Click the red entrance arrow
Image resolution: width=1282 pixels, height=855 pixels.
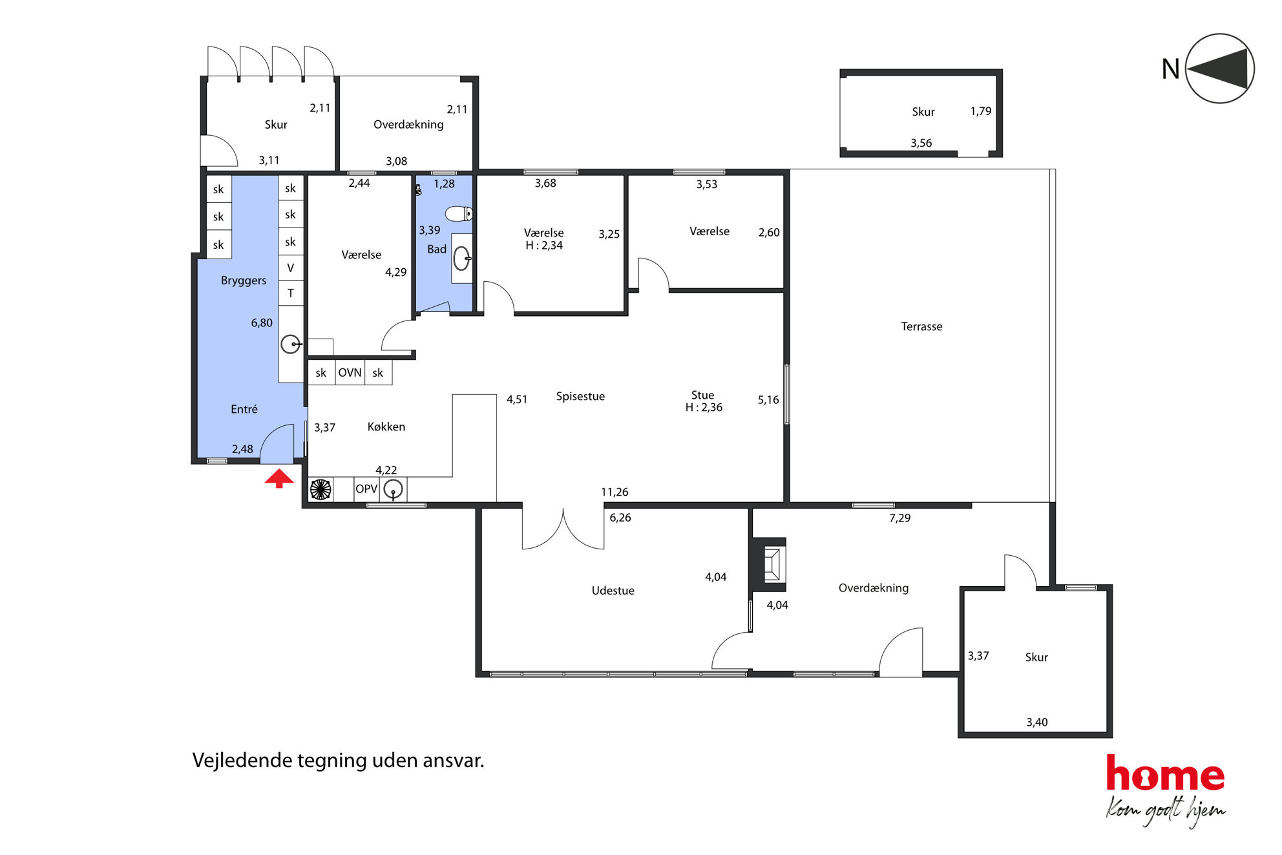point(279,479)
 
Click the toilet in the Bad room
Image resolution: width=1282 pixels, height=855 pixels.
point(459,213)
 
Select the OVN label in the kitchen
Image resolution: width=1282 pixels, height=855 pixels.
point(350,373)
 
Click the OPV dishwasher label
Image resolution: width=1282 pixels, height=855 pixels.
point(366,489)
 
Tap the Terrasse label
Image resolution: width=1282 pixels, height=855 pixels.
point(921,326)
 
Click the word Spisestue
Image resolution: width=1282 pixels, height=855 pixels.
point(580,396)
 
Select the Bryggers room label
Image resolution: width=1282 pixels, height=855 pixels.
point(244,280)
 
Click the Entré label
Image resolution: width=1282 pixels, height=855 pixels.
point(244,409)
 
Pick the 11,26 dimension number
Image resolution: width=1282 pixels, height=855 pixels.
point(615,492)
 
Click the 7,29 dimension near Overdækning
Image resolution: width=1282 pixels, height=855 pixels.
point(899,518)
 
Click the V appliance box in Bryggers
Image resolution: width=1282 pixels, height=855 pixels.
point(291,268)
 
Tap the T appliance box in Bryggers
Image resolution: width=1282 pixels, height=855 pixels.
point(291,293)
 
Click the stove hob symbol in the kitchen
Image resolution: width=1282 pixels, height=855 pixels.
point(320,489)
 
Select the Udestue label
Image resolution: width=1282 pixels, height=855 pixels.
point(613,591)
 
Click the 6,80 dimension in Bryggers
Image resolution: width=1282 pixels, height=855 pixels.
point(262,322)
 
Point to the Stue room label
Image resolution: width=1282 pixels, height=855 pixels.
point(702,395)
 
